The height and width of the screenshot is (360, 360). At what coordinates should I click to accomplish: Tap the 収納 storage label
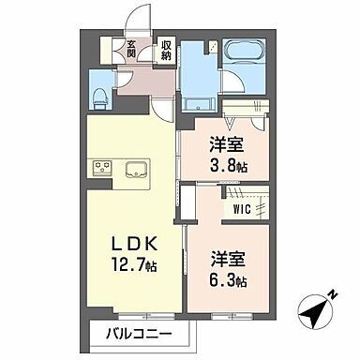[x=165, y=47]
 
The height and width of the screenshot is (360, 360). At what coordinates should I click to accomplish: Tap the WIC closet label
[x=241, y=211]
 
